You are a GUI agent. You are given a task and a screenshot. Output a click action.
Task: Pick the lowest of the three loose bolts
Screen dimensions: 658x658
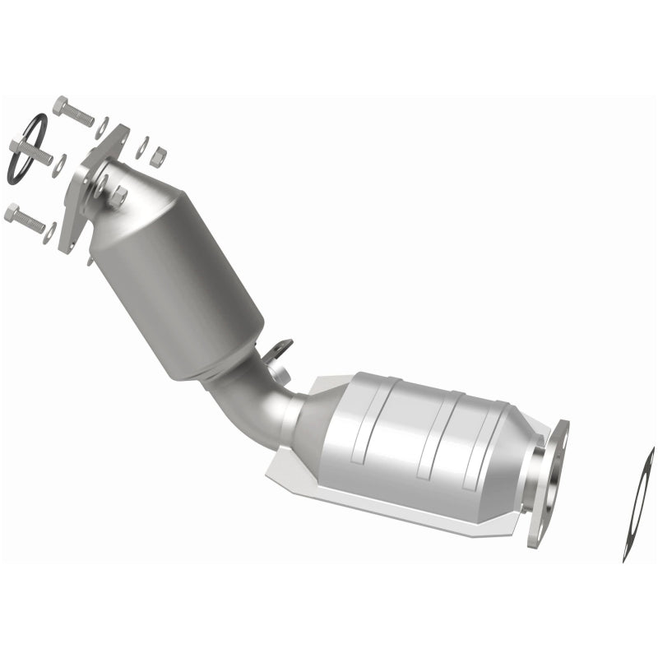coord(27,219)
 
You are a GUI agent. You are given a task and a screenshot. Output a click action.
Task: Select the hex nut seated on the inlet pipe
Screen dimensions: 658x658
coord(118,196)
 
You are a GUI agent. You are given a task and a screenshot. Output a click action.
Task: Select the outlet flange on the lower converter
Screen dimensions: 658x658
coord(548,485)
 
